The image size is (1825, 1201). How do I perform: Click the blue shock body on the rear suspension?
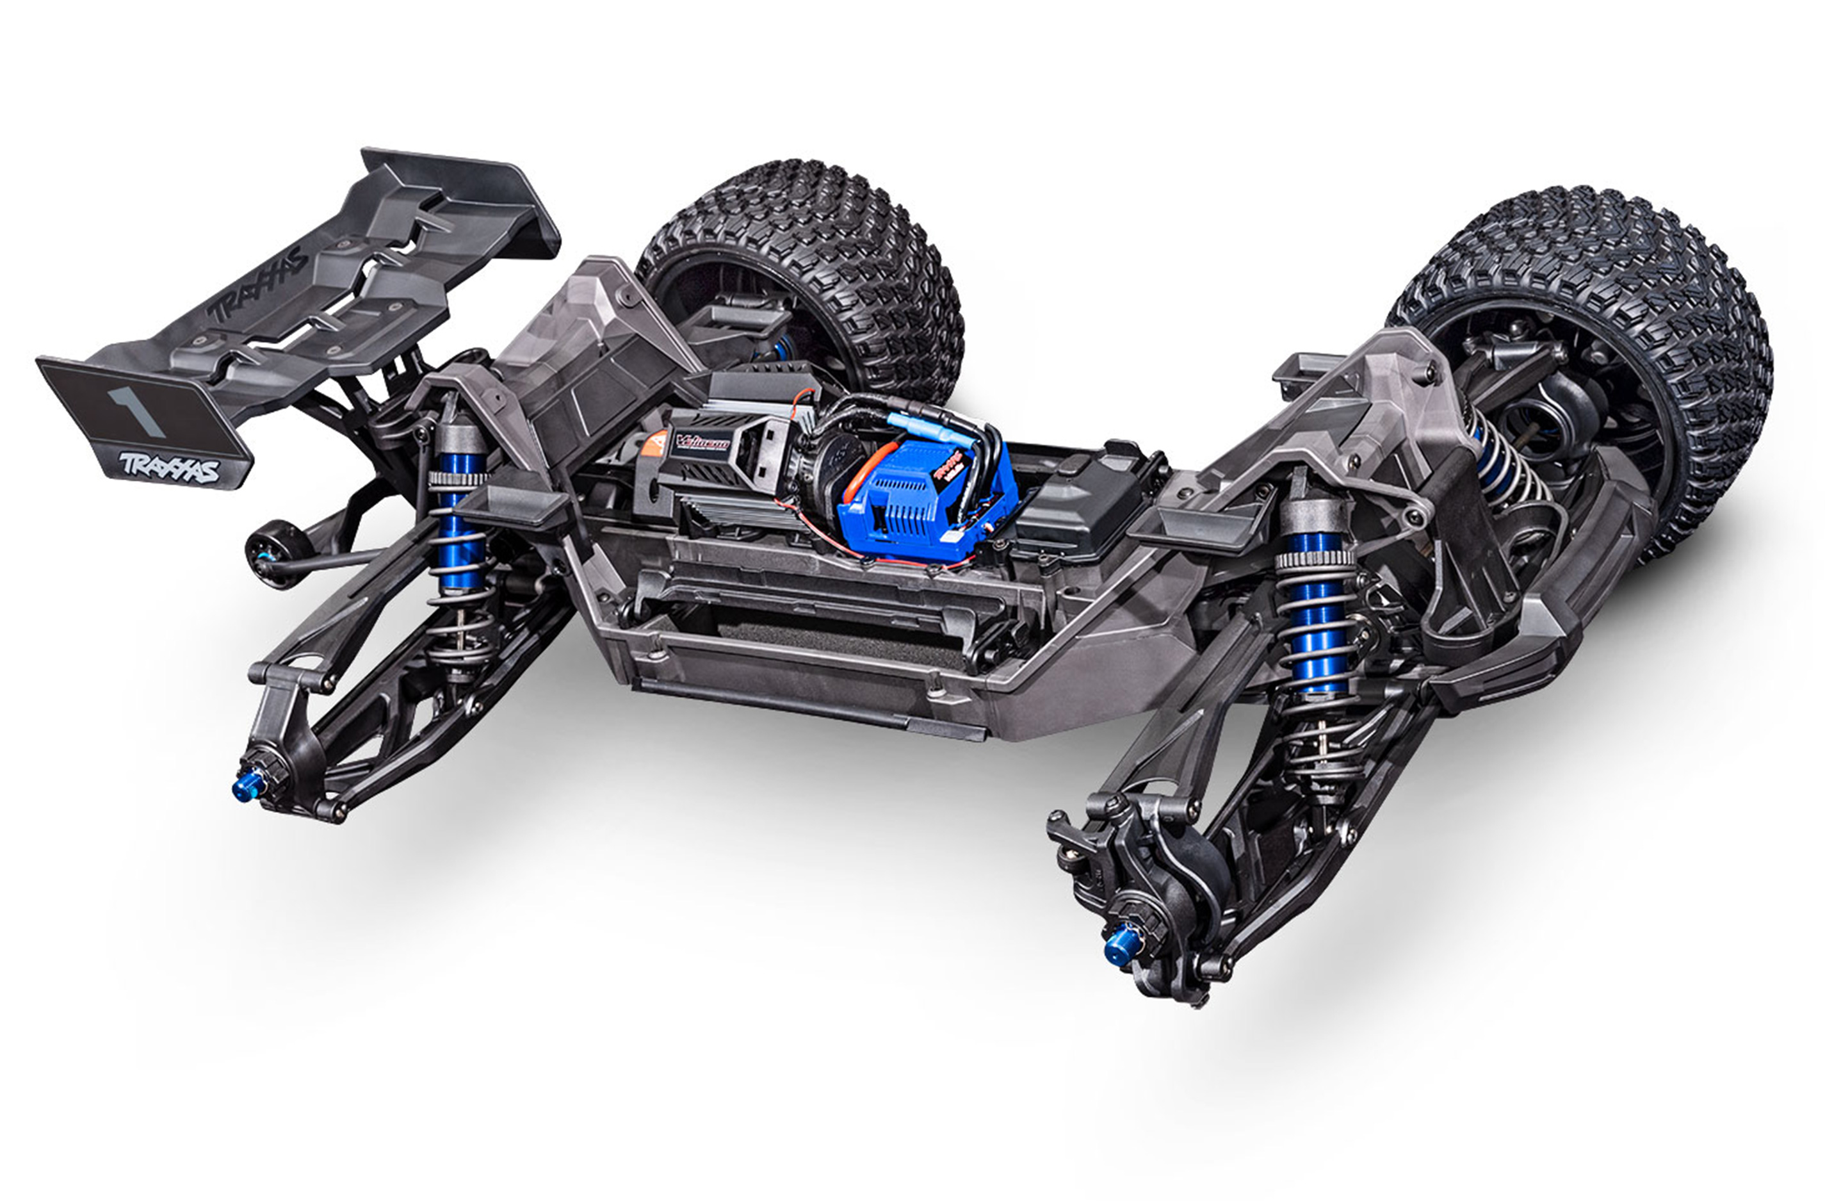458,537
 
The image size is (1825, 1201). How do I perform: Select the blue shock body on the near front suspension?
1316,614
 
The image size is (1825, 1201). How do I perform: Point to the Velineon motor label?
702,443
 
